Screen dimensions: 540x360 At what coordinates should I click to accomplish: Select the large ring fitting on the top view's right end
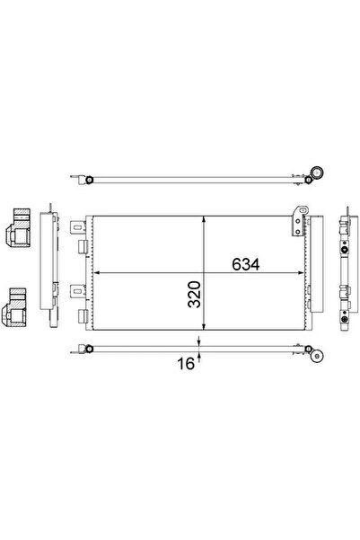[317, 172]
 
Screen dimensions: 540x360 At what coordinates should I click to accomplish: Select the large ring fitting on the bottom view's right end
[317, 359]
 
